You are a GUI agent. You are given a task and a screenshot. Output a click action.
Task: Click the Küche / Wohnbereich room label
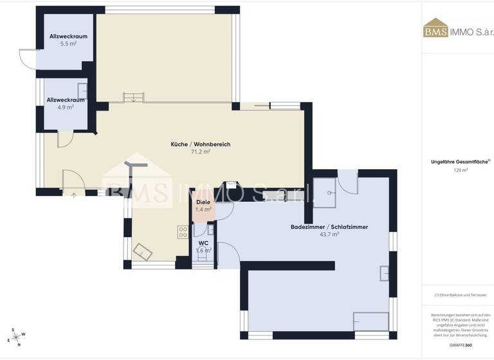point(200,144)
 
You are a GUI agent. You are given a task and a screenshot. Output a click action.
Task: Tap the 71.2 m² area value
point(201,152)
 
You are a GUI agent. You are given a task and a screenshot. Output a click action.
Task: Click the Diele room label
point(203,203)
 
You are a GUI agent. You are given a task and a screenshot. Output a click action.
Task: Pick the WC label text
point(203,243)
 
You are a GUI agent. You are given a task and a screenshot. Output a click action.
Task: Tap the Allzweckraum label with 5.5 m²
point(68,37)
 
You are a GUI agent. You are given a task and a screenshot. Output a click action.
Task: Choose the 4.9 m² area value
point(66,107)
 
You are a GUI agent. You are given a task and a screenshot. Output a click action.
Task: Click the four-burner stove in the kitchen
point(183,232)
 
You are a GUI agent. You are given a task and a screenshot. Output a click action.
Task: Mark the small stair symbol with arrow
point(131,96)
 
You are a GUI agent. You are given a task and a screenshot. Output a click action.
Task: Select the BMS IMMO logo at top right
point(457,31)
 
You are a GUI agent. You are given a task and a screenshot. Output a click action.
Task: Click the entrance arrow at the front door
point(74,194)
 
